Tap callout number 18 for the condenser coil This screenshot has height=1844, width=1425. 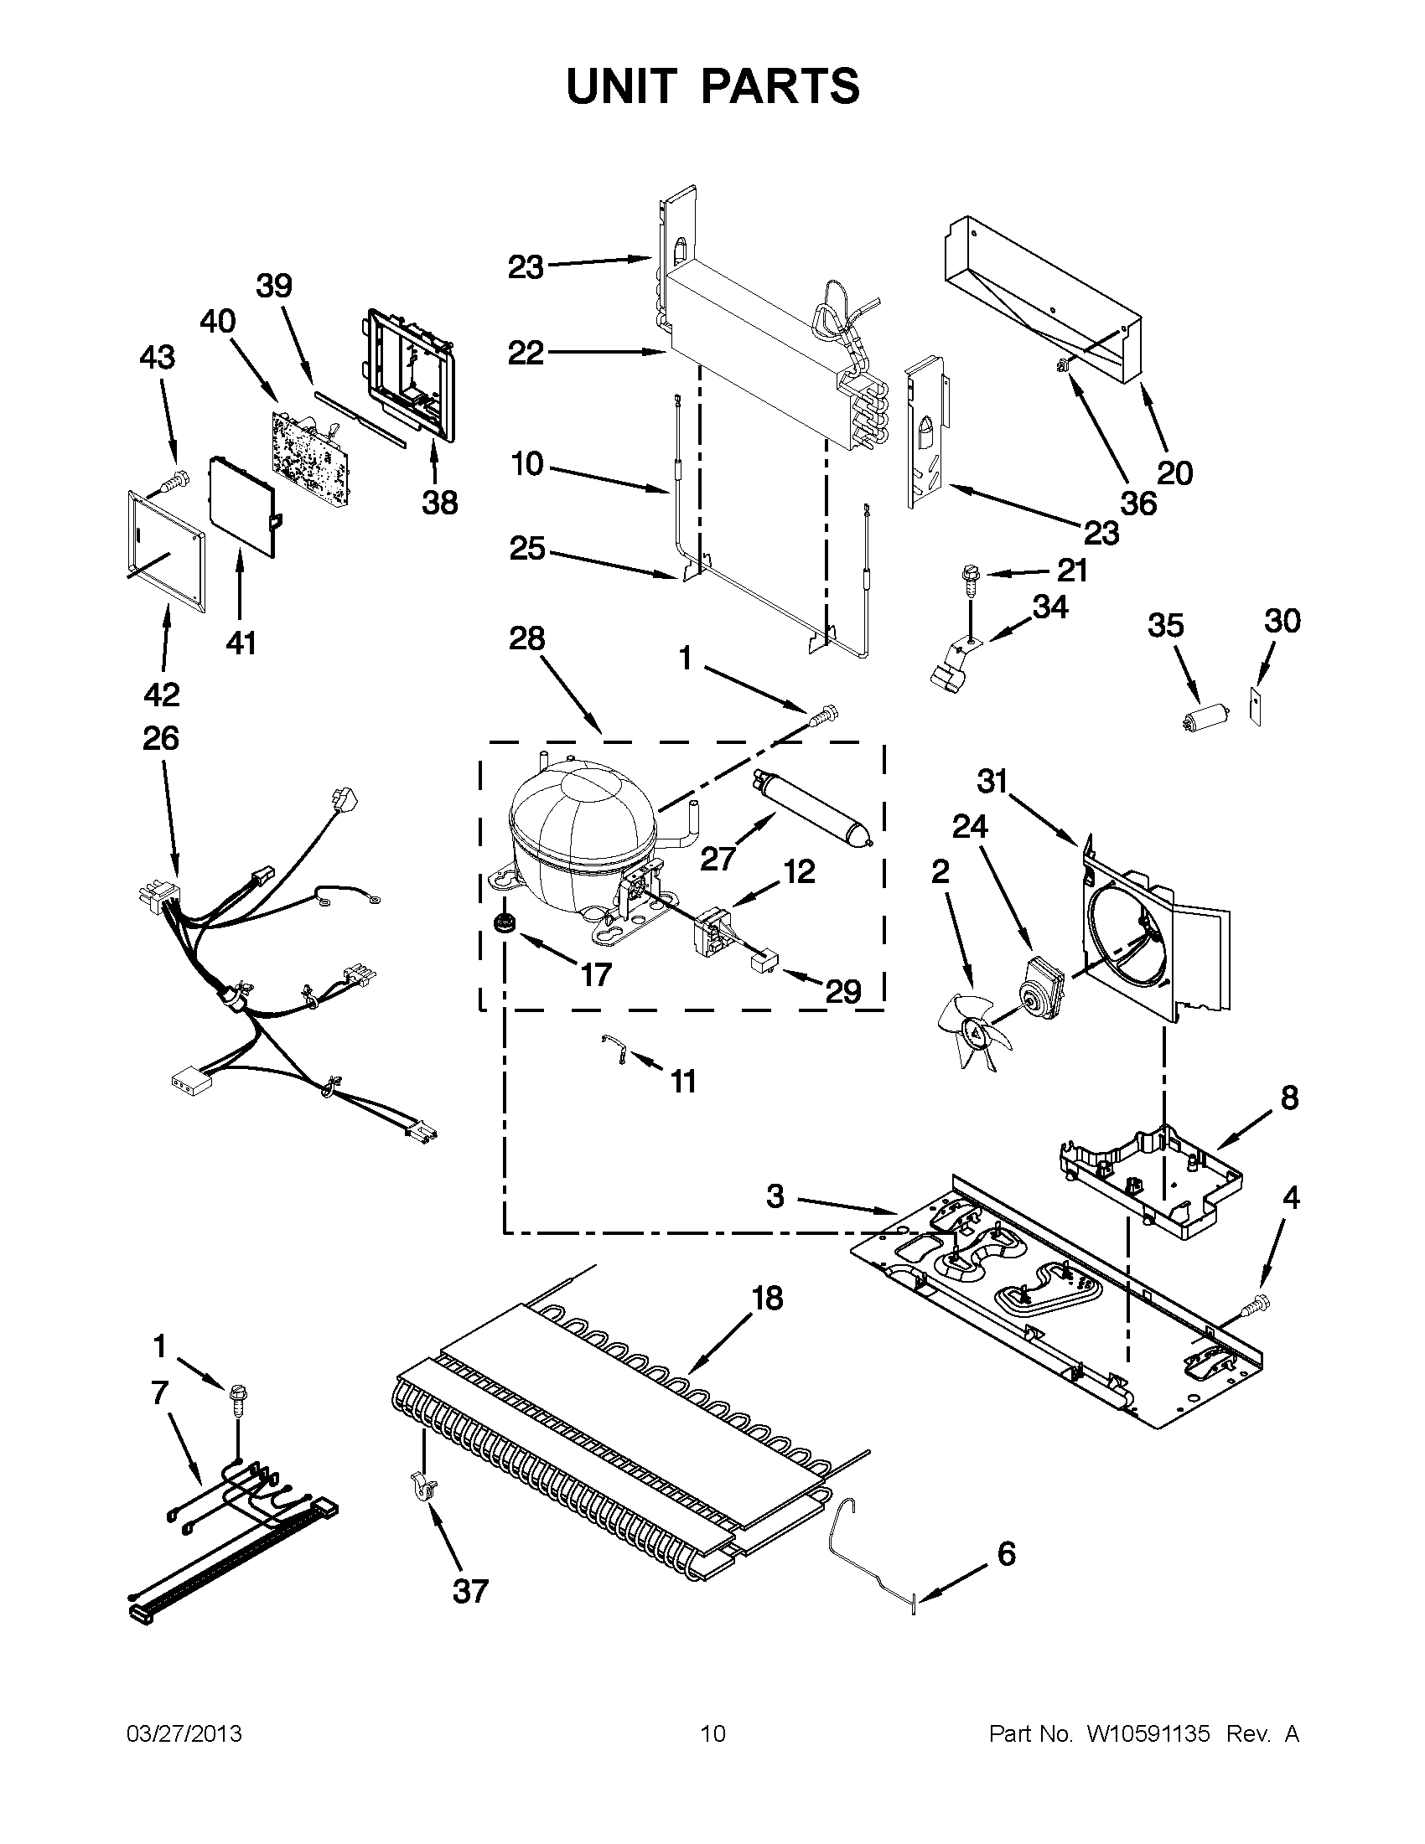coord(767,1297)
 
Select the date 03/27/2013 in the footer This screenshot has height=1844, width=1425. coord(184,1734)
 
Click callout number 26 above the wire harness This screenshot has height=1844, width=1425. coord(160,738)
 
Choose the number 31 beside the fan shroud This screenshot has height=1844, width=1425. coord(992,782)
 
